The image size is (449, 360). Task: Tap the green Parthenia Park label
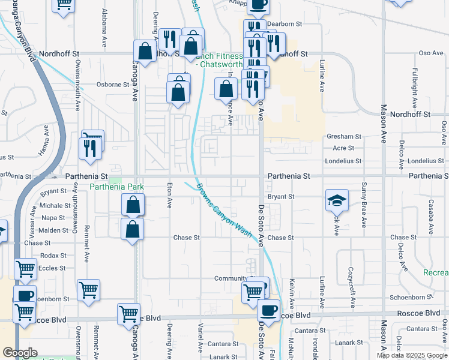click(117, 187)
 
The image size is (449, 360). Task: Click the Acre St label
click(343, 148)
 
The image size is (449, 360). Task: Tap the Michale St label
click(55, 206)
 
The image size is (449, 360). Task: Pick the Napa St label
click(53, 218)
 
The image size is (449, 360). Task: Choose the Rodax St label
click(49, 256)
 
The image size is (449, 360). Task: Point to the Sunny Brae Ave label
click(364, 206)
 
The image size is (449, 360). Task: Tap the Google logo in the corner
click(20, 353)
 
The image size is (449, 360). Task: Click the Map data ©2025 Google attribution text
click(412, 355)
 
